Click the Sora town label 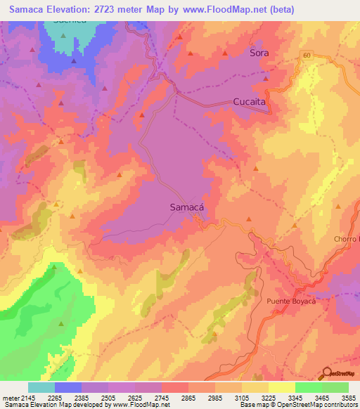(x=259, y=53)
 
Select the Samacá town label (x=187, y=207)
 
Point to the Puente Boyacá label (x=292, y=301)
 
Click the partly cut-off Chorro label (x=347, y=240)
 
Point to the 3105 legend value (x=243, y=398)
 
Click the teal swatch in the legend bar (x=41, y=387)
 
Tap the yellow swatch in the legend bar (x=281, y=387)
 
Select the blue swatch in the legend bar (x=68, y=387)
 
